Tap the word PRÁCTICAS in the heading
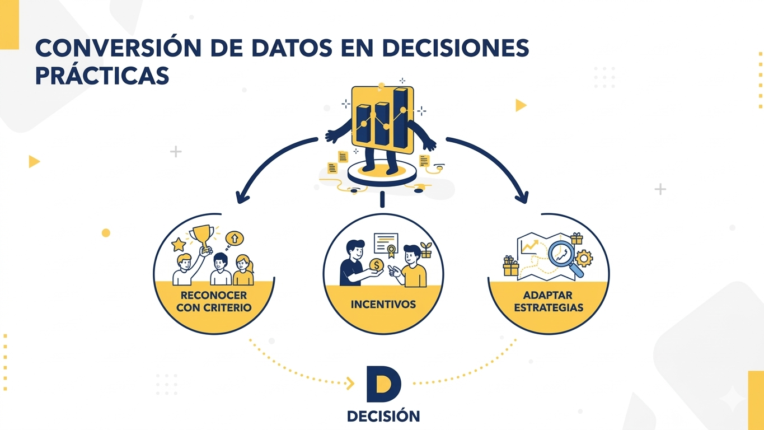click(102, 76)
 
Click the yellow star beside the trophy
click(179, 245)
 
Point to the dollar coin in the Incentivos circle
click(377, 264)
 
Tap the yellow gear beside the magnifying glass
click(584, 258)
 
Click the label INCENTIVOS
click(383, 305)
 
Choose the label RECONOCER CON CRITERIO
click(214, 301)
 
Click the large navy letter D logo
click(384, 384)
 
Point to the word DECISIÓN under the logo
click(383, 417)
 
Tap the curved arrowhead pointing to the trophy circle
click(242, 197)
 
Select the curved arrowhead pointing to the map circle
click(522, 197)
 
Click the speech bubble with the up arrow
click(234, 239)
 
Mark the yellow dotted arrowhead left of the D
click(350, 384)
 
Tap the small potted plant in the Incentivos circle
click(426, 250)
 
